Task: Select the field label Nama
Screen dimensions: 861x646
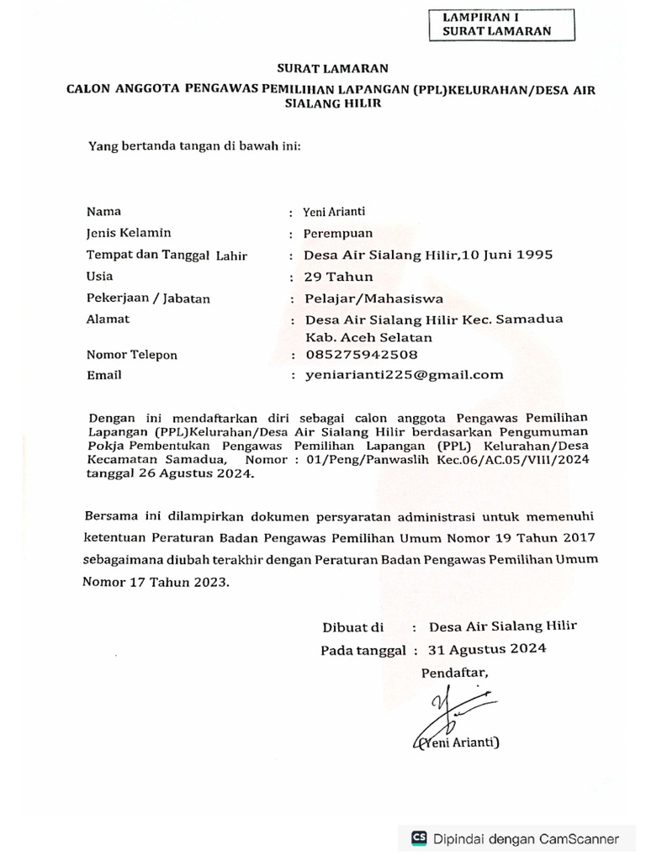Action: point(104,212)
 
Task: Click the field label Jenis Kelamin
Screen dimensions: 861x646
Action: point(129,233)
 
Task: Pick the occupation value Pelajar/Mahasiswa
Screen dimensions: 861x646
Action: point(363,298)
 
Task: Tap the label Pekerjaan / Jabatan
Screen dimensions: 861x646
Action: point(148,298)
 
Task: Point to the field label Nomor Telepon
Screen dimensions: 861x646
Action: point(132,355)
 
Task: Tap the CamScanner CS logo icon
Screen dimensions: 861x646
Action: point(418,838)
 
